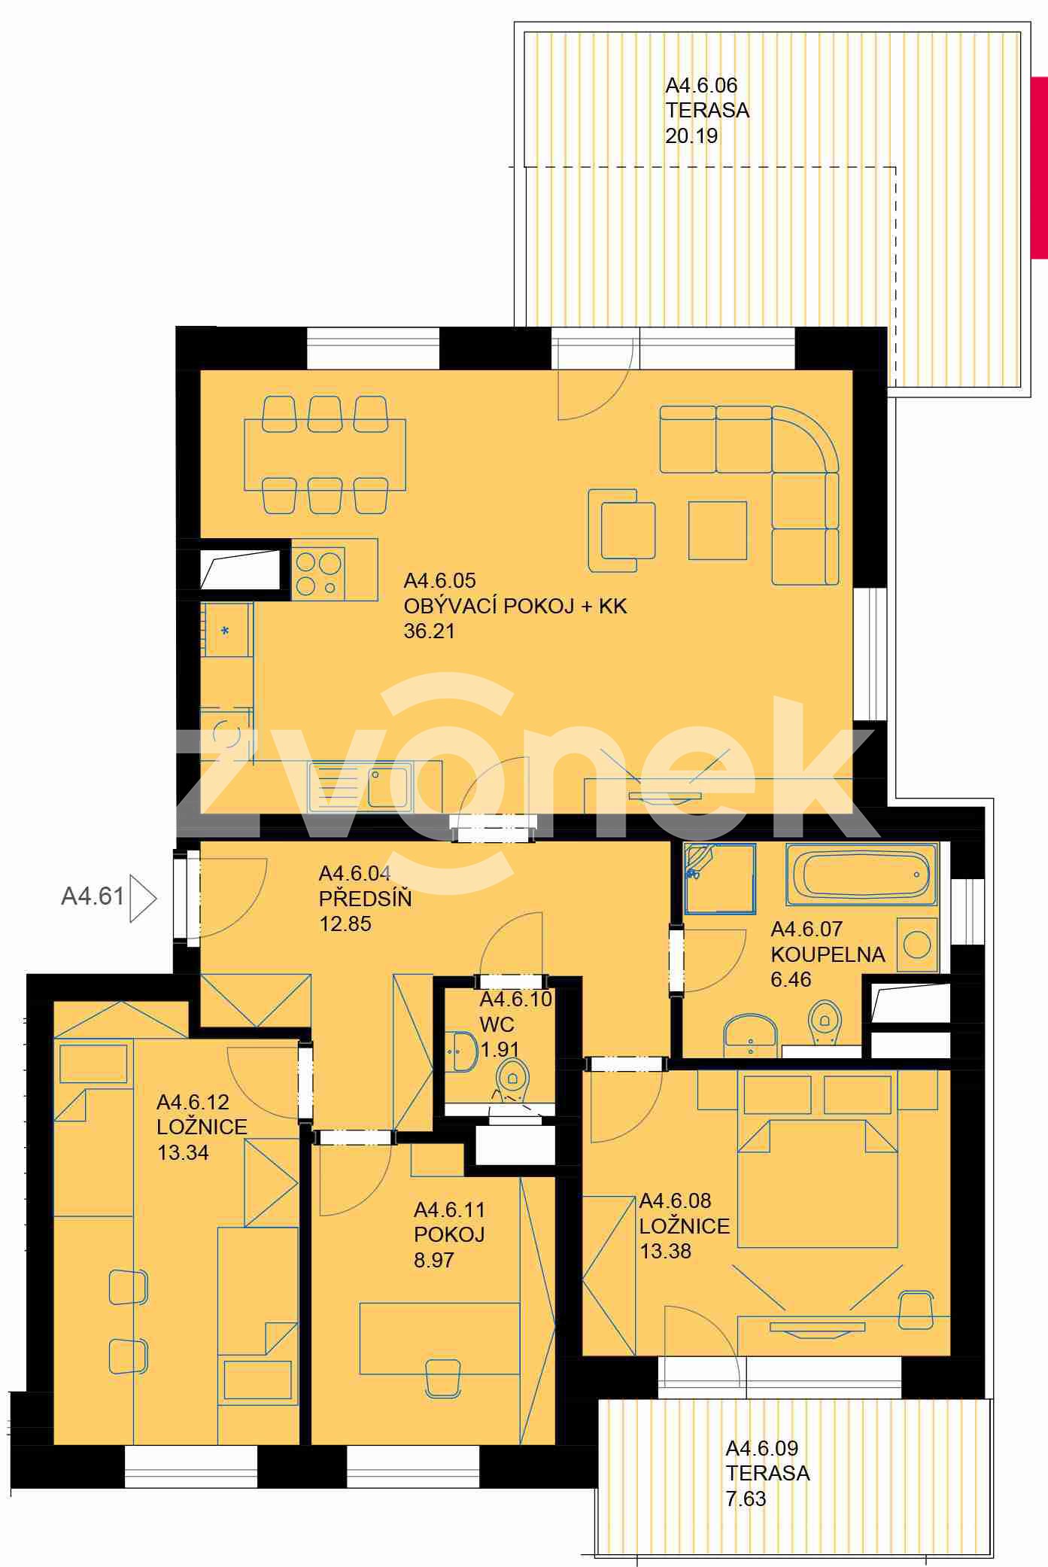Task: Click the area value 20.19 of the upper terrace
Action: click(691, 136)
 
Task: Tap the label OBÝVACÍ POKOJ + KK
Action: click(515, 606)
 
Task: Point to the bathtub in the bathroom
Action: click(862, 875)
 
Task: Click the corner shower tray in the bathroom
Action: click(719, 879)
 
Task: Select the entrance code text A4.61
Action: click(93, 896)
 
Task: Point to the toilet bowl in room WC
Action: click(513, 1077)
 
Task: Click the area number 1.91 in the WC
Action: click(500, 1049)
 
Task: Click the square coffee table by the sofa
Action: click(718, 531)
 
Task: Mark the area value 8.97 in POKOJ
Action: click(434, 1261)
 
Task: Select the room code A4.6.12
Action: click(193, 1102)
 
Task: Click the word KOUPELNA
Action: click(828, 954)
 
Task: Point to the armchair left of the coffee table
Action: click(621, 530)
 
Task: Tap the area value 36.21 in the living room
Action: click(430, 631)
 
